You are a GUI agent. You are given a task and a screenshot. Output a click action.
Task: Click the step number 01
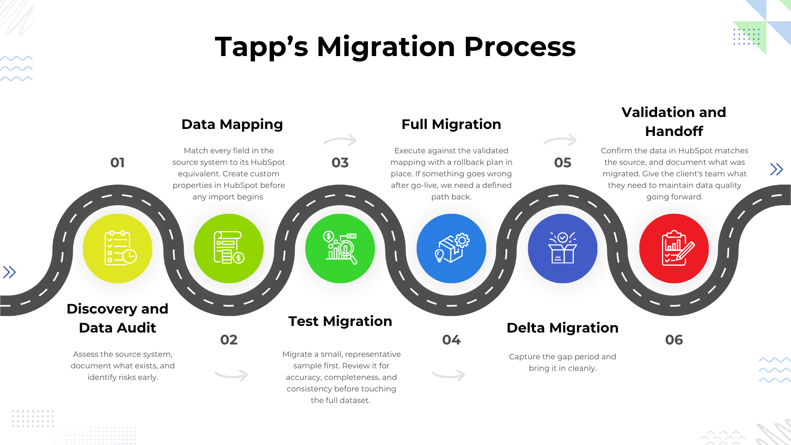click(117, 163)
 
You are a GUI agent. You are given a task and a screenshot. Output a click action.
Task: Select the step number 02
click(229, 340)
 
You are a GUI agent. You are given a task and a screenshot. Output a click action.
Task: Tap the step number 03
click(340, 163)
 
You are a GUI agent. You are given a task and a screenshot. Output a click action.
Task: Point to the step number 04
click(452, 340)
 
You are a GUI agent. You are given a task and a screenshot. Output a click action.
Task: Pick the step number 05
click(563, 163)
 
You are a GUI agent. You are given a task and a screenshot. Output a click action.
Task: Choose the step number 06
click(674, 340)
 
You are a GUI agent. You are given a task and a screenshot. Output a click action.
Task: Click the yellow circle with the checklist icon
click(117, 248)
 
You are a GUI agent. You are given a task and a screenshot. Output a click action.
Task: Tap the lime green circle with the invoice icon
click(229, 248)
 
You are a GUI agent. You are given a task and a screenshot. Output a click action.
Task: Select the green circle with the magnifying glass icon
click(340, 248)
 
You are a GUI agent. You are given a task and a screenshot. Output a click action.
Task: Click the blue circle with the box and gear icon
click(452, 248)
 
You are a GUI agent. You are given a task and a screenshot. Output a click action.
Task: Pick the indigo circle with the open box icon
click(563, 248)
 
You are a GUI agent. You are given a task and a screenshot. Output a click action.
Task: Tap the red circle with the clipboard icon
click(674, 248)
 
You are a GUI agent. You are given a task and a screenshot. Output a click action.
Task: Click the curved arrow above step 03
click(340, 140)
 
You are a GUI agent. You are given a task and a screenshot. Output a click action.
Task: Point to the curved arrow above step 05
click(560, 140)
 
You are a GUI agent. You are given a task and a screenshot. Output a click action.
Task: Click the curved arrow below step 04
click(449, 375)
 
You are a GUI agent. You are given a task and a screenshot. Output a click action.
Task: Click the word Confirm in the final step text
click(616, 151)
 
